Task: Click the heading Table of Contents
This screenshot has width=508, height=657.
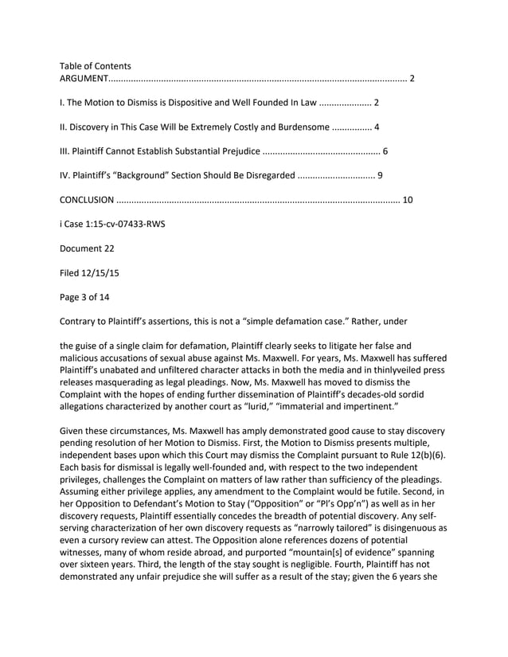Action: tap(96, 66)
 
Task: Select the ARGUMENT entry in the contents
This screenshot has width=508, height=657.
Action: tap(84, 79)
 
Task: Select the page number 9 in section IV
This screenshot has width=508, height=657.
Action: tap(380, 175)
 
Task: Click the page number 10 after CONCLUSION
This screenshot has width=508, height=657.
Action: tap(408, 200)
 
